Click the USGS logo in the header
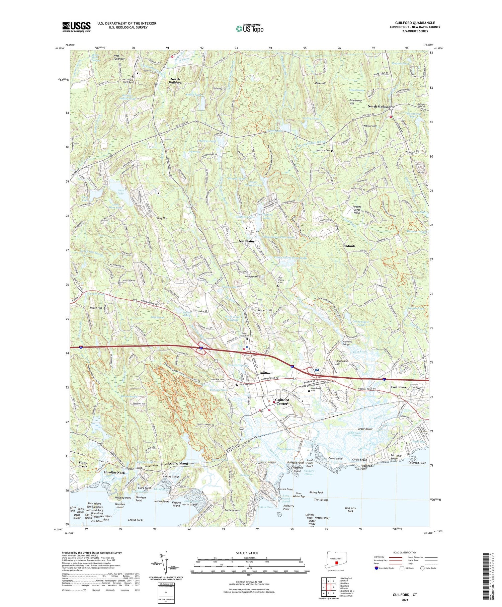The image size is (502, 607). pyautogui.click(x=76, y=27)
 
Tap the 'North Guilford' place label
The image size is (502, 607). pyautogui.click(x=175, y=81)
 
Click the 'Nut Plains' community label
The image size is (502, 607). pyautogui.click(x=247, y=241)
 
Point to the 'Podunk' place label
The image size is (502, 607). pyautogui.click(x=349, y=246)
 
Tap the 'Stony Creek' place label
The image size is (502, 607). pyautogui.click(x=83, y=464)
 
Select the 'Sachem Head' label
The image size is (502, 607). pyautogui.click(x=233, y=510)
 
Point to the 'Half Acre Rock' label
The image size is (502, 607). pyautogui.click(x=350, y=510)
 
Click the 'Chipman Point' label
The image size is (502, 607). pyautogui.click(x=417, y=463)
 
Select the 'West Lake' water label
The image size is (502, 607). pyautogui.click(x=120, y=192)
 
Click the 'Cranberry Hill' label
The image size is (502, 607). pyautogui.click(x=356, y=102)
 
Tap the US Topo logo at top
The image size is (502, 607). pyautogui.click(x=249, y=29)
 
